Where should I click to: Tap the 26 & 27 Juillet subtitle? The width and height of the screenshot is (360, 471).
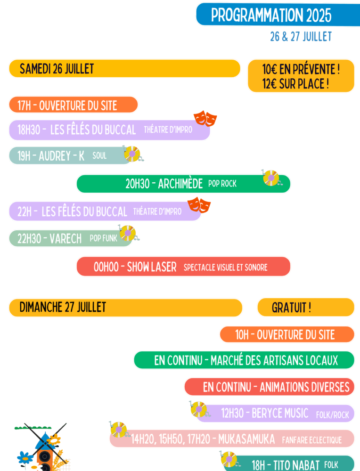[x=301, y=37]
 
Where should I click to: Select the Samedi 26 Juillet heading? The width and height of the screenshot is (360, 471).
[x=57, y=69]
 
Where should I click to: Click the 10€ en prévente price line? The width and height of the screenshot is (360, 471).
[x=301, y=70]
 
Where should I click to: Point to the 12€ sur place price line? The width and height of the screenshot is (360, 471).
[x=295, y=85]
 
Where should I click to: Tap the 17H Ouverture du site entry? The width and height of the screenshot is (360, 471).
[x=67, y=105]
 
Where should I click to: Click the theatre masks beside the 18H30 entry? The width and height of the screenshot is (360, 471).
[x=205, y=118]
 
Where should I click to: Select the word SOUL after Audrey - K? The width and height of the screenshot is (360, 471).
[x=99, y=156]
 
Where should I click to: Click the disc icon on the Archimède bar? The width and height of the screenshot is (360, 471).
[x=271, y=178]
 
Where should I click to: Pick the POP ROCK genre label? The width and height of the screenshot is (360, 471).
[x=222, y=184]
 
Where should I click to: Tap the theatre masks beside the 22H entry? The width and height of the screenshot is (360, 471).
[x=199, y=205]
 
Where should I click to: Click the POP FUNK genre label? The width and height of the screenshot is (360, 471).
[x=103, y=238]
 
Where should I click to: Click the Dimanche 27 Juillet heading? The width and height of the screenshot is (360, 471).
[x=63, y=308]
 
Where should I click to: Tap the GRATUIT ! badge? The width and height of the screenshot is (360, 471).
[x=291, y=308]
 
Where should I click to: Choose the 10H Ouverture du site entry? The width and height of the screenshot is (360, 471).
[x=285, y=335]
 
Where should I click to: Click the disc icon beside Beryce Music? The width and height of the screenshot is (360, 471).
[x=199, y=409]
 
